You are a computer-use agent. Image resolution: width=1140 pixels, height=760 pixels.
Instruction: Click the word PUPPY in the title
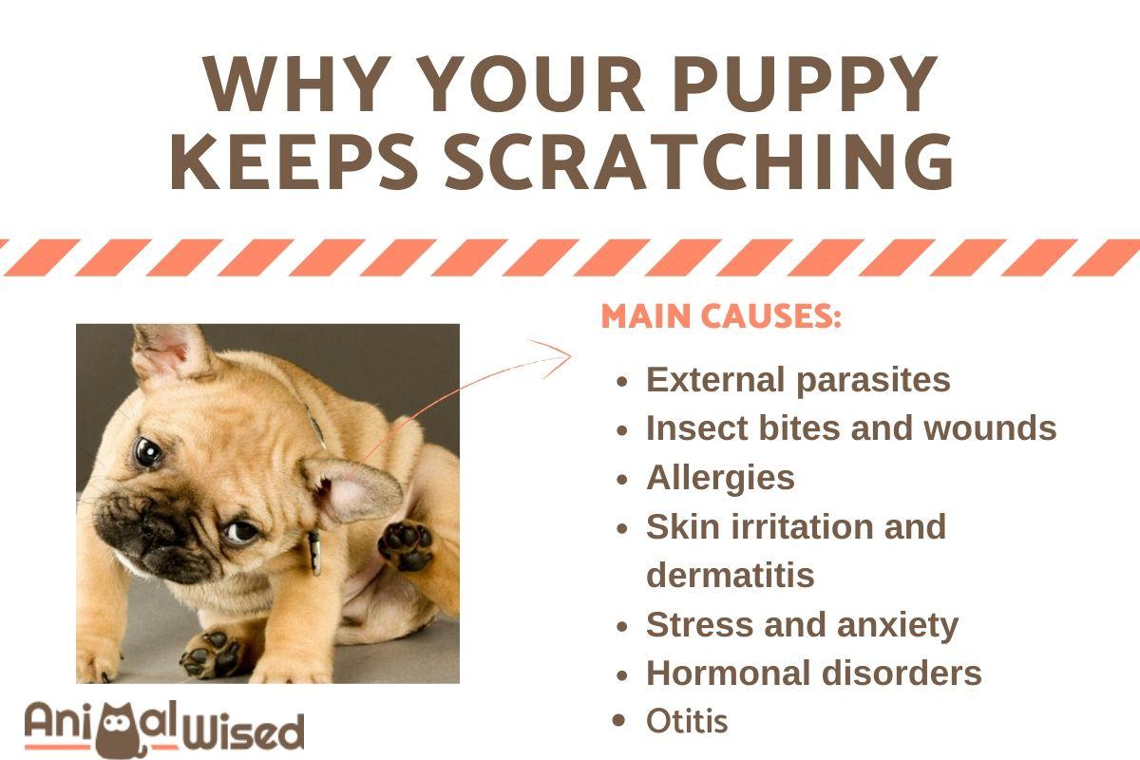(807, 84)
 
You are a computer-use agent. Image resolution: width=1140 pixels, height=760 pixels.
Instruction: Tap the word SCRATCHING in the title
(699, 161)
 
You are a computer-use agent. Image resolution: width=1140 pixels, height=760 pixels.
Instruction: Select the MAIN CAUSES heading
(721, 316)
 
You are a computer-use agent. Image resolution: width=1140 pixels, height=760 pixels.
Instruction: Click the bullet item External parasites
(798, 380)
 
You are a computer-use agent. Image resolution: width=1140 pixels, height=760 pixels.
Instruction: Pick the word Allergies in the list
(720, 479)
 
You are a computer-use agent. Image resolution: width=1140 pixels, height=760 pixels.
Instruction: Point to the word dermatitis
(731, 575)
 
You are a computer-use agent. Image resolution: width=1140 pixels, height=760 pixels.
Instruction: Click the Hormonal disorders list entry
(814, 673)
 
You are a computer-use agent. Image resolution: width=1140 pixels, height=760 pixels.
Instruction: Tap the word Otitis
(687, 721)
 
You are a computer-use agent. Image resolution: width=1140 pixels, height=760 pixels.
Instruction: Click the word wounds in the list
(990, 428)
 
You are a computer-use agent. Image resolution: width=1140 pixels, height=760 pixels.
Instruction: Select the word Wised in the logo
(243, 731)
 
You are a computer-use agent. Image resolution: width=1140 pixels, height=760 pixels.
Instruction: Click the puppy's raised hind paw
(405, 545)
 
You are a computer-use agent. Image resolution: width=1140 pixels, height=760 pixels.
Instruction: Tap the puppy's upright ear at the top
(170, 351)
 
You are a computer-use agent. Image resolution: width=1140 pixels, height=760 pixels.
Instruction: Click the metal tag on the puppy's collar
(314, 552)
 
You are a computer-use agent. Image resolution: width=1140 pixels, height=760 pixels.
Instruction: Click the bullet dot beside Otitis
(618, 721)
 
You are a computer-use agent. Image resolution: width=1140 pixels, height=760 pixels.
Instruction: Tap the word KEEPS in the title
(294, 161)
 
